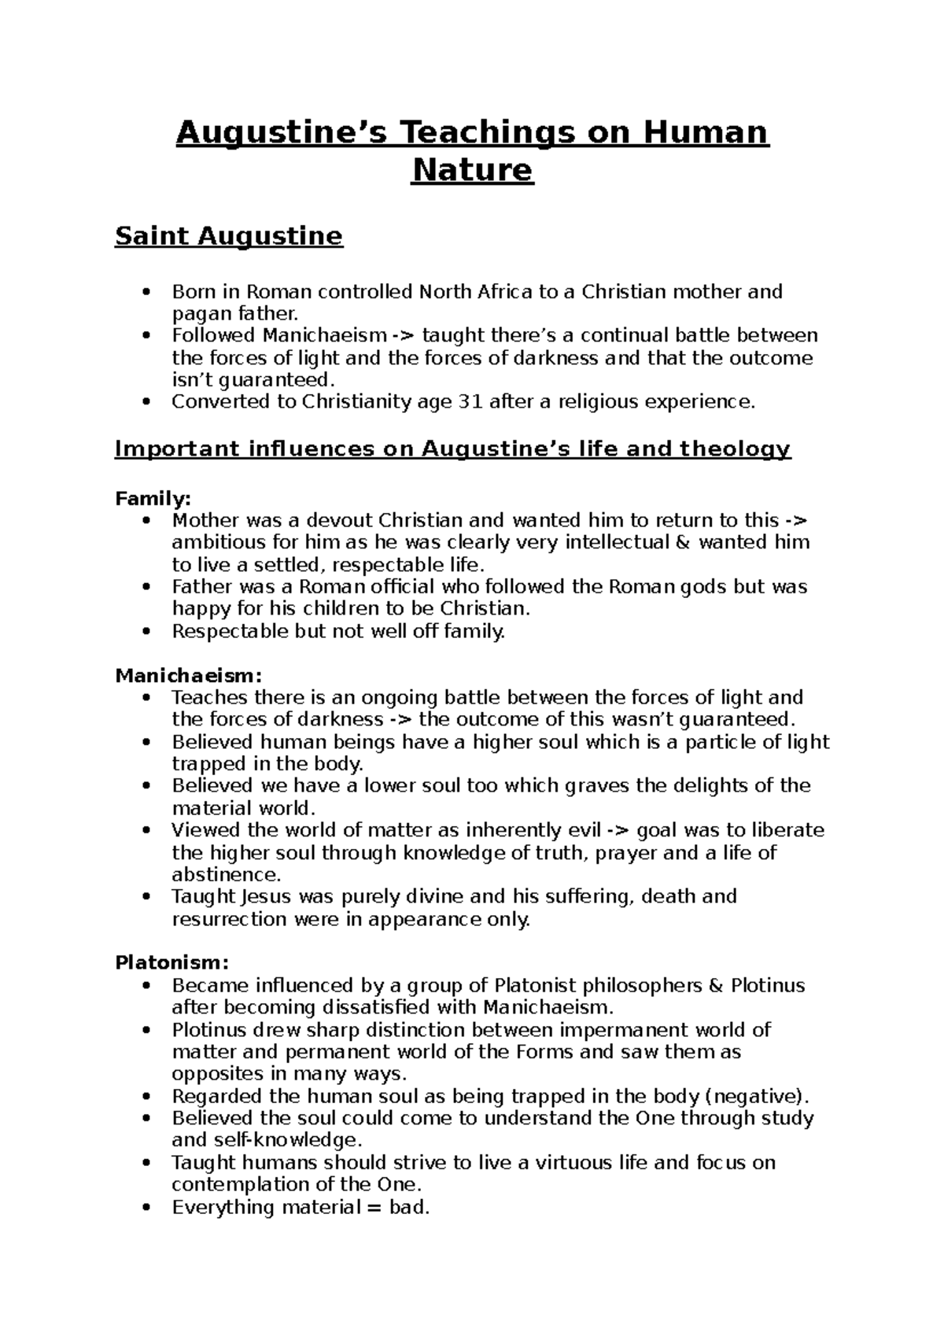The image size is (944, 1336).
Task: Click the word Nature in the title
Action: coord(472,169)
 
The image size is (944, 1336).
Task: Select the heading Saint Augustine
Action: coord(229,236)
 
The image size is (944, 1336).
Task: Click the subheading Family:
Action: coord(153,499)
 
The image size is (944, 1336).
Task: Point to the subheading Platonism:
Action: coord(171,963)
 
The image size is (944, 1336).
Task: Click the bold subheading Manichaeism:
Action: coord(188,676)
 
